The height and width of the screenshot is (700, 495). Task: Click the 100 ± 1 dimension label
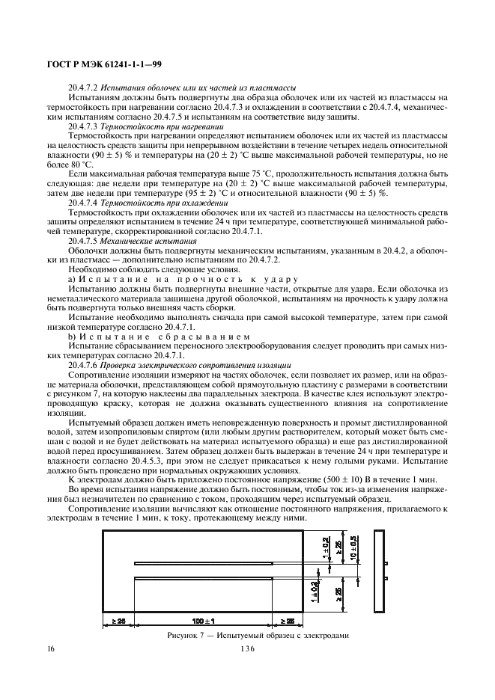click(x=203, y=621)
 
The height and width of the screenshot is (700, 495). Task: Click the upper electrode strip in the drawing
click(x=218, y=563)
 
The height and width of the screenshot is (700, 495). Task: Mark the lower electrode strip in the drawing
click(x=218, y=578)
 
